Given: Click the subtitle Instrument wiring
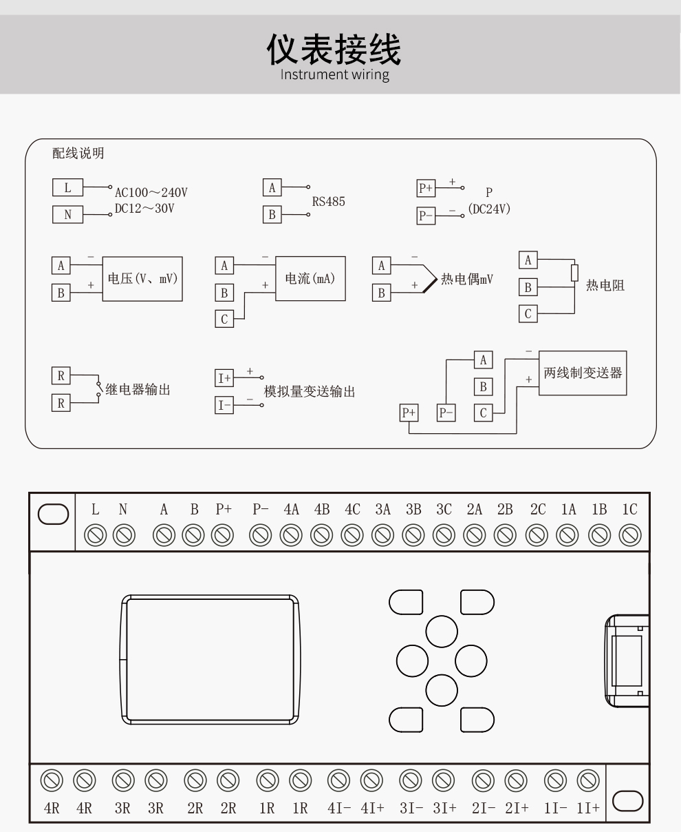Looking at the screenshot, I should tap(334, 74).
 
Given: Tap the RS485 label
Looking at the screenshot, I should tap(328, 202).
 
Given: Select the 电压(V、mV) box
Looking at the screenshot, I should tap(142, 278).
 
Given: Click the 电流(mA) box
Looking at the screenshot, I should tap(310, 278).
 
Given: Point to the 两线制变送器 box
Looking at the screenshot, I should tap(582, 373).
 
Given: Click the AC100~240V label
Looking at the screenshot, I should tap(151, 192).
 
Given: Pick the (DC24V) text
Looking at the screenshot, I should tap(489, 209).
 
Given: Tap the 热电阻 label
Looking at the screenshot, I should tap(605, 285).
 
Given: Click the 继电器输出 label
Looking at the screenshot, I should tap(138, 390).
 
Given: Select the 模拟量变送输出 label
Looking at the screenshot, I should tap(310, 392).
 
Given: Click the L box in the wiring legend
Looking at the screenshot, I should tap(67, 187).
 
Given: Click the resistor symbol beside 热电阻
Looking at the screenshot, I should tap(574, 273).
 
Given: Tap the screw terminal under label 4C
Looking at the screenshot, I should tap(352, 534).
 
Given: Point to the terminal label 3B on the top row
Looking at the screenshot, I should tap(413, 510).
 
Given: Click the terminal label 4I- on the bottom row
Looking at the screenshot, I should tap(338, 808).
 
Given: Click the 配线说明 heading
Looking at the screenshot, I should tap(78, 153).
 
